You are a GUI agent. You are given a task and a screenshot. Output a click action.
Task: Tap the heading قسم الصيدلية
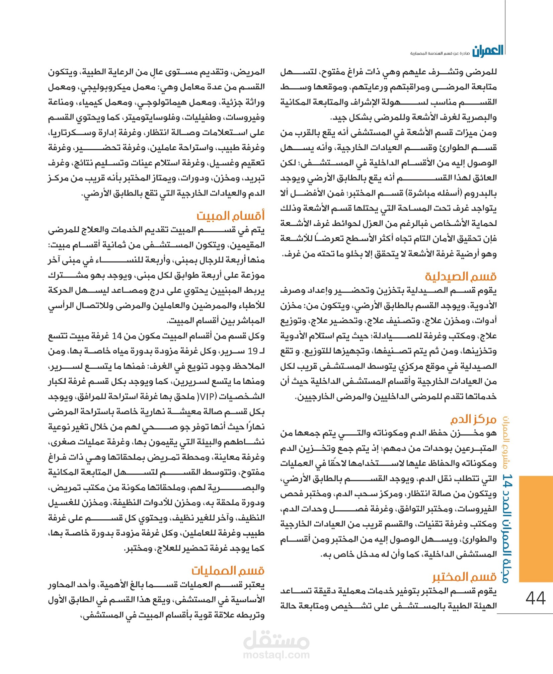coord(461,277)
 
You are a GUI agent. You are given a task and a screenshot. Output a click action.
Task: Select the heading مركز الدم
coord(473,420)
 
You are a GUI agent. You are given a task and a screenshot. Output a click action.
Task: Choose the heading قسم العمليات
coord(228,570)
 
